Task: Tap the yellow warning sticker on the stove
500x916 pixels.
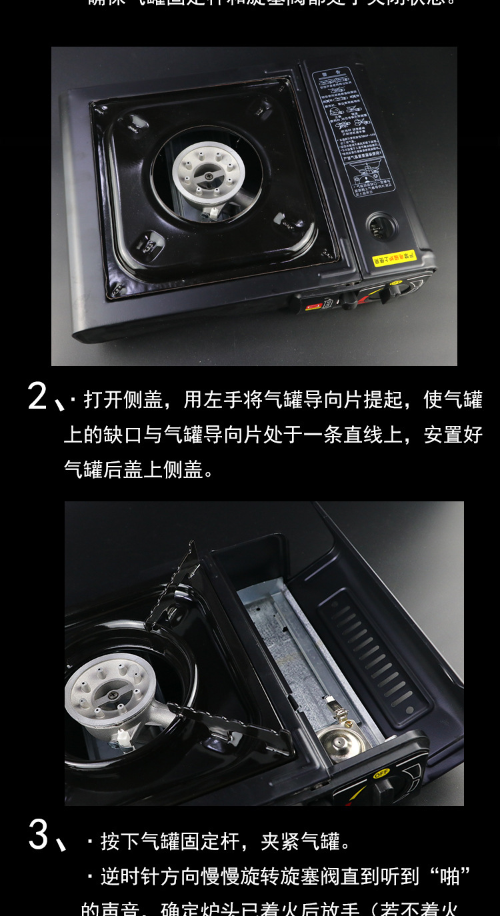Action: [393, 257]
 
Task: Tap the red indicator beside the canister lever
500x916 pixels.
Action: [313, 306]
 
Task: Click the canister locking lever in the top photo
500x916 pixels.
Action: [347, 299]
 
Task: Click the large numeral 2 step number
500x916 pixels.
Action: [37, 397]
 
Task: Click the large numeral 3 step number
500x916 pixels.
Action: [38, 835]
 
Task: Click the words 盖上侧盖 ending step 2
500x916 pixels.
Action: [163, 469]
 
